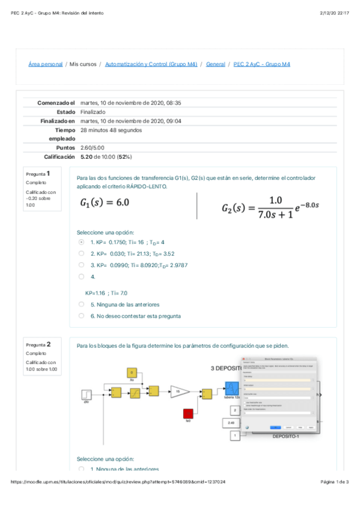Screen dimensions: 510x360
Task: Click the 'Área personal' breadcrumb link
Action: (x=46, y=64)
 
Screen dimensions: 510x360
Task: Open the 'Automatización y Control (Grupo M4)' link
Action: (x=151, y=64)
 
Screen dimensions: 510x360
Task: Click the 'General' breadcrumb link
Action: (x=215, y=64)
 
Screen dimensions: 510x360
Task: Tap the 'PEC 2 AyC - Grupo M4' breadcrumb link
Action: (x=261, y=64)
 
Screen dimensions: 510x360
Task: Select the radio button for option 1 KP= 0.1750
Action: (x=81, y=242)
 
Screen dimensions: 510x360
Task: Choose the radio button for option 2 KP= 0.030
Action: (x=81, y=253)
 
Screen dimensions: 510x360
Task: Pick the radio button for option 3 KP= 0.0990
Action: (x=81, y=264)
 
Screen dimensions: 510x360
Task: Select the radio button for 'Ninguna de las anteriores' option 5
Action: (x=81, y=304)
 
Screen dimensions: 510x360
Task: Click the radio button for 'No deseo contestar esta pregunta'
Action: (x=81, y=316)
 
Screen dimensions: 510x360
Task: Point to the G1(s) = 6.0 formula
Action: (x=105, y=203)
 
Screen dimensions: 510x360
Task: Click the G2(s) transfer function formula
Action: (x=270, y=208)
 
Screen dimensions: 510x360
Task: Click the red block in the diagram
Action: (x=188, y=413)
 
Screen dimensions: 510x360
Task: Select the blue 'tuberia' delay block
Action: (x=232, y=389)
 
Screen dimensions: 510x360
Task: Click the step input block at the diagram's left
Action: (x=87, y=395)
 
